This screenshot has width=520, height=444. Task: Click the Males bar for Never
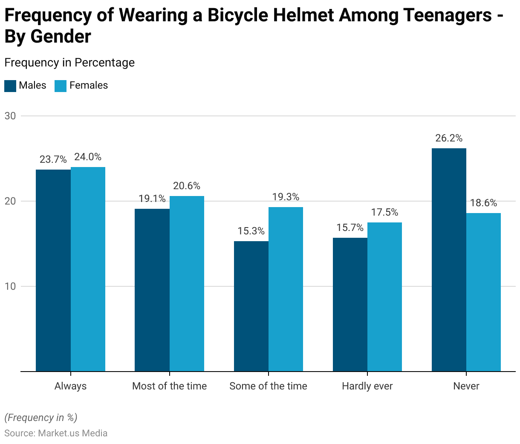click(x=449, y=260)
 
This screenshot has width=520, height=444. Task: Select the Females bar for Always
click(x=88, y=269)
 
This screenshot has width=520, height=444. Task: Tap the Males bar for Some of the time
click(x=251, y=306)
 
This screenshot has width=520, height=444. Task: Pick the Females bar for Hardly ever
click(x=384, y=297)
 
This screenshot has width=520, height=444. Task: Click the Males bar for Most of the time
click(x=152, y=290)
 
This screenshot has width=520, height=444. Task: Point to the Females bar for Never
click(x=483, y=292)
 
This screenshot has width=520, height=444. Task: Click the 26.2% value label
click(x=449, y=138)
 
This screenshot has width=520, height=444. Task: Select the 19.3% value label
click(x=286, y=197)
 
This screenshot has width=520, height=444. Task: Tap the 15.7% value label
click(x=350, y=228)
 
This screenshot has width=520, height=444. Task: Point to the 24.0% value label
click(x=88, y=157)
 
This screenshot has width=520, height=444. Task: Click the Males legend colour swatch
click(x=10, y=86)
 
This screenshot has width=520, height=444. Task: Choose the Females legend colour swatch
click(x=61, y=86)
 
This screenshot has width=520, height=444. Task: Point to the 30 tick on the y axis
click(x=10, y=116)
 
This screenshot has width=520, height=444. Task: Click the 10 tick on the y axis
click(x=10, y=286)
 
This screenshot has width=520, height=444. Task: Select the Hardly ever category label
click(x=367, y=386)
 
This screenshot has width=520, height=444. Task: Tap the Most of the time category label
click(x=169, y=386)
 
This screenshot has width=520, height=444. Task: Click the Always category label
click(x=70, y=386)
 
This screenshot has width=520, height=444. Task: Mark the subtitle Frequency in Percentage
click(x=69, y=63)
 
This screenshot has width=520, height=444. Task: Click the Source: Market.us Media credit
click(x=56, y=433)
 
